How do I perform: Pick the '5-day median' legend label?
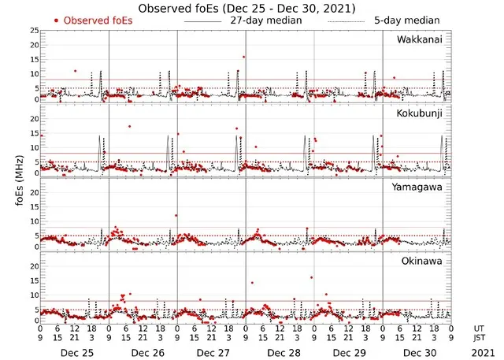click(406, 20)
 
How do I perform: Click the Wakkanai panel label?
click(424, 39)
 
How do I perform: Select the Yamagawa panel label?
click(422, 187)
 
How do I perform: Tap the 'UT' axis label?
click(480, 327)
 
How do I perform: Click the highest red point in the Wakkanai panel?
click(244, 57)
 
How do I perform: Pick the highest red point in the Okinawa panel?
click(313, 277)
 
